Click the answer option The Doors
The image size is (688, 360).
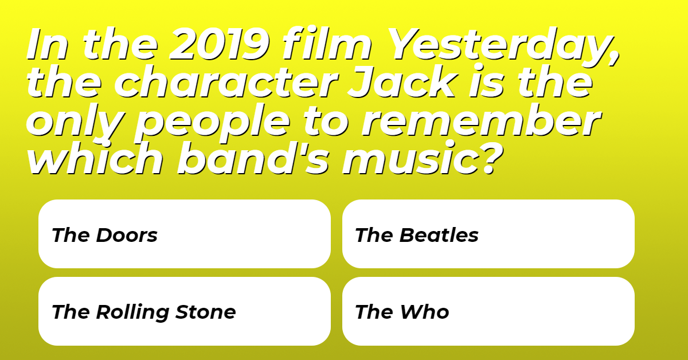(184, 234)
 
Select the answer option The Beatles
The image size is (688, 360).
(488, 234)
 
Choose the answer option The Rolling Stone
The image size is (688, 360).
(184, 311)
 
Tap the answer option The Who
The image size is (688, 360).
(488, 311)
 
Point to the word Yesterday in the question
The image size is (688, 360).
(505, 46)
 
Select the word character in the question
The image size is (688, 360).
(226, 82)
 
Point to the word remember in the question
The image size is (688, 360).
(481, 120)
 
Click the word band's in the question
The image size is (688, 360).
(253, 158)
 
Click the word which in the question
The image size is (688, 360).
(95, 158)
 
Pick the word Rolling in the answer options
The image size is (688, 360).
(132, 312)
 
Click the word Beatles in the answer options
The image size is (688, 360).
(439, 235)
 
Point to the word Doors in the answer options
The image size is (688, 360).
(127, 235)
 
